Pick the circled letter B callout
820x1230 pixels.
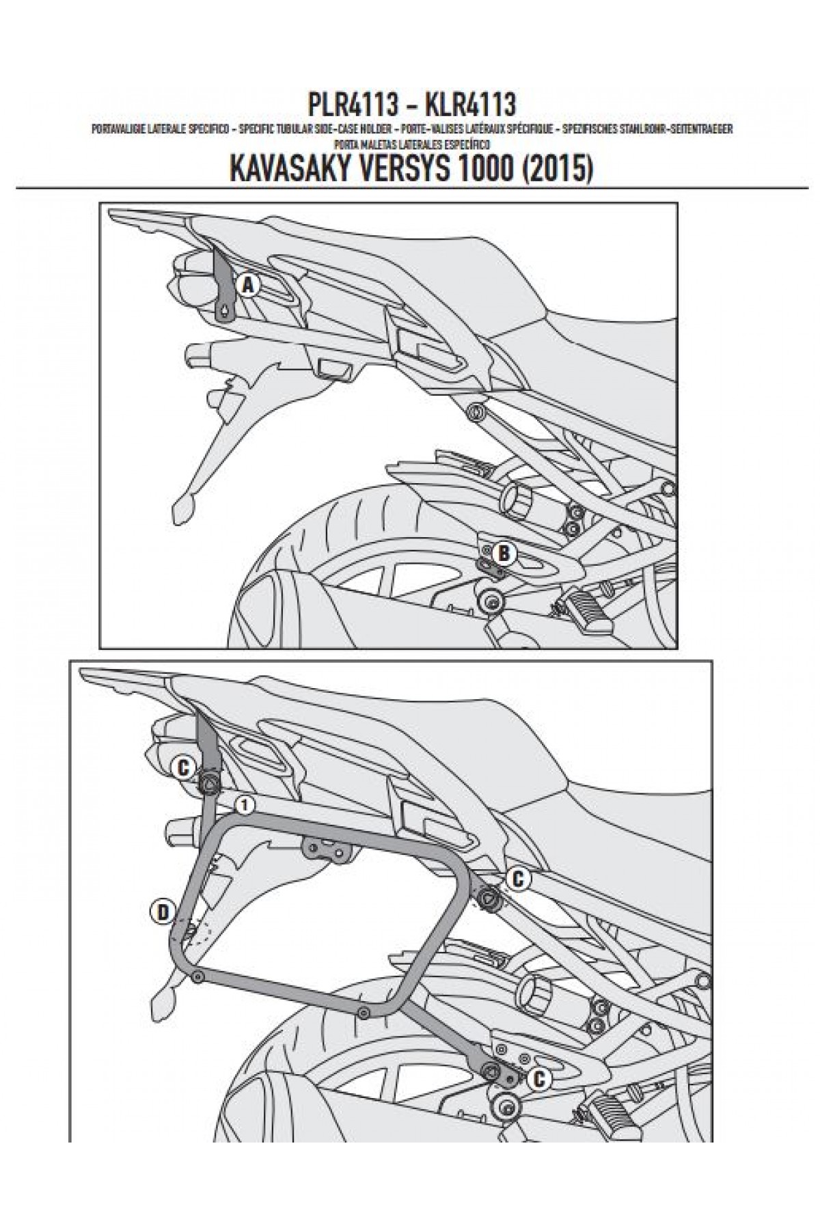click(x=503, y=553)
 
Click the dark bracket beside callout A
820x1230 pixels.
click(x=223, y=287)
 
